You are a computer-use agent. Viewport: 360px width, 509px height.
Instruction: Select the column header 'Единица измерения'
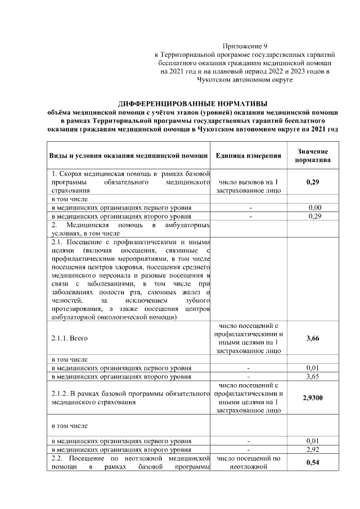(248, 155)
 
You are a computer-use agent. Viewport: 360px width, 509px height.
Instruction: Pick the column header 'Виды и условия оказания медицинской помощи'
(128, 155)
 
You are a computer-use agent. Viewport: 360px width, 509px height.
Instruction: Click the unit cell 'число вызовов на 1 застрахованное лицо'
(248, 187)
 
